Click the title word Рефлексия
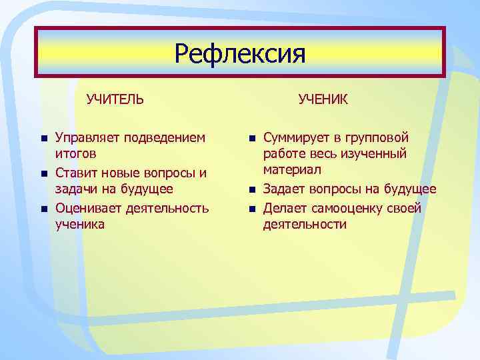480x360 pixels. point(240,53)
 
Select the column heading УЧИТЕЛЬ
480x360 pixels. point(115,99)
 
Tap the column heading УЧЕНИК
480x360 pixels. point(323,99)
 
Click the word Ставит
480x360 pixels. point(77,173)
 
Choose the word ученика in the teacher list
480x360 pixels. point(79,225)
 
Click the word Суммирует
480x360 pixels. point(296,138)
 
